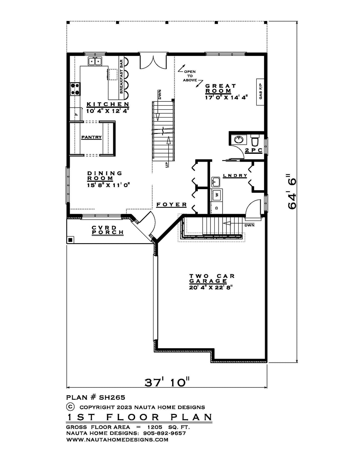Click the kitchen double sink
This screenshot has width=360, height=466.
click(x=95, y=61)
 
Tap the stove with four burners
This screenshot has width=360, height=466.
click(x=75, y=89)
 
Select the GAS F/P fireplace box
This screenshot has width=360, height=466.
click(x=261, y=92)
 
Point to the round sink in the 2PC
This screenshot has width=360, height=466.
click(x=238, y=140)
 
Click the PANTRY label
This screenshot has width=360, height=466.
click(x=91, y=137)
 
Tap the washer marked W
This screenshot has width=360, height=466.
click(x=217, y=195)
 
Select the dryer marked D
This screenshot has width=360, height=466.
click(x=217, y=208)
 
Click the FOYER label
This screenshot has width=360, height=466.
click(x=171, y=205)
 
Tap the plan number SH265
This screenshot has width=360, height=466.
click(x=112, y=397)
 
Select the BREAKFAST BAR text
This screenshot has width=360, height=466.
click(x=121, y=77)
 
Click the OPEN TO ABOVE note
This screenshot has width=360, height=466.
click(x=190, y=76)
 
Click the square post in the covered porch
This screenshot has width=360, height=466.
click(x=71, y=240)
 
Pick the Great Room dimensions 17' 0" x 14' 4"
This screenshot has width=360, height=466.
click(x=226, y=98)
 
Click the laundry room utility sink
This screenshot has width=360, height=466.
click(x=215, y=182)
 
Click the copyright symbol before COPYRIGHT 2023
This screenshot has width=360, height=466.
click(x=71, y=406)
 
